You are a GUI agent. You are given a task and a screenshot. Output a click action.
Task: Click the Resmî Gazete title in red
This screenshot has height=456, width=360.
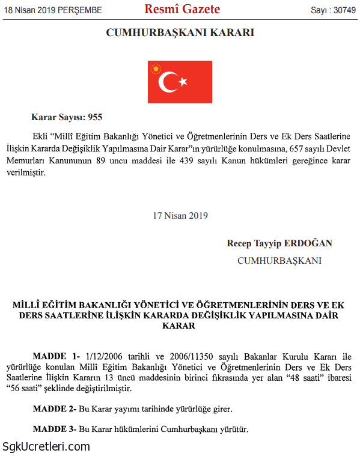pos(182,10)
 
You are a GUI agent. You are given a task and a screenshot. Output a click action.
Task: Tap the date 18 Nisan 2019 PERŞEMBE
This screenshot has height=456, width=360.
pos(53,10)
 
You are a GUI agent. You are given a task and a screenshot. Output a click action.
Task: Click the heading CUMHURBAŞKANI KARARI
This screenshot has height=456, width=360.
pos(180,33)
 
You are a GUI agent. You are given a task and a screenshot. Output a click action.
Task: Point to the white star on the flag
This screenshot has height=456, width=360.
pos(184,82)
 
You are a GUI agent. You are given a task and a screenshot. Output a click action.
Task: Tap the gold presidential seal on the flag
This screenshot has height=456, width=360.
pos(156,68)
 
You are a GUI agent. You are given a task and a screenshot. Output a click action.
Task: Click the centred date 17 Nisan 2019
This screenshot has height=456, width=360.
pos(180,215)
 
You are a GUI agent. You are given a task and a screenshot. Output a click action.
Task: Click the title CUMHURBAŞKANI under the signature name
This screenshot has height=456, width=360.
pos(279,261)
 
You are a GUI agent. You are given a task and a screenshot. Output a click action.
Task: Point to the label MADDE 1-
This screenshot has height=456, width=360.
pos(56,356)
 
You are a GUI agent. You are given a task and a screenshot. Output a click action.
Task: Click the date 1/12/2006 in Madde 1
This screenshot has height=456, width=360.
pos(106,356)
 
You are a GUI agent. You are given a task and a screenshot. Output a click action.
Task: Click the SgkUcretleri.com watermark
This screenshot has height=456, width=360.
pos(46,446)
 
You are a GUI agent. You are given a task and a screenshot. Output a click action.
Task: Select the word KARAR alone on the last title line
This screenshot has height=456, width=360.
pos(180,326)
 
